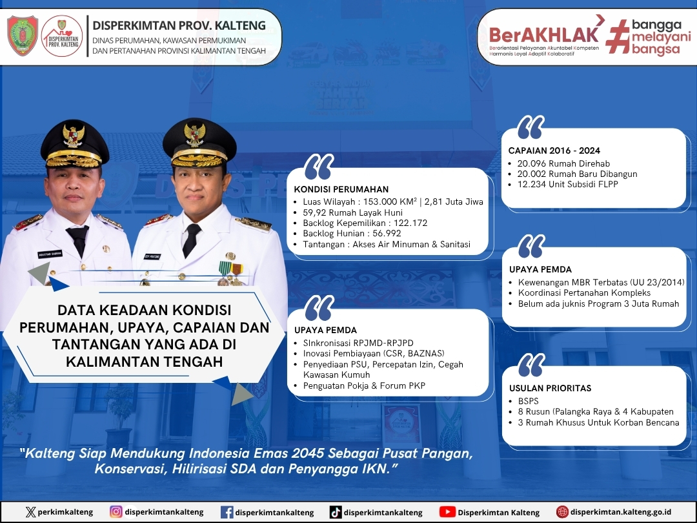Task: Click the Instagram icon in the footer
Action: pyautogui.click(x=116, y=512)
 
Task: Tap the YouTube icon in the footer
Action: pyautogui.click(x=447, y=512)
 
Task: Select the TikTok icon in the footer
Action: pyautogui.click(x=336, y=512)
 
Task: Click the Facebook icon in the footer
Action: pyautogui.click(x=227, y=512)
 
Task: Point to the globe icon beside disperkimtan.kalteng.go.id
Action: pyautogui.click(x=562, y=512)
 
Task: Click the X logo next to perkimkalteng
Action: pyautogui.click(x=31, y=512)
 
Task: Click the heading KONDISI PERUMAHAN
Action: pyautogui.click(x=341, y=189)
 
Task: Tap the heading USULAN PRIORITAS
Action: pyautogui.click(x=551, y=388)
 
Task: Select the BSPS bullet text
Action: pyautogui.click(x=528, y=401)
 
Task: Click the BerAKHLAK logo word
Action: pyautogui.click(x=544, y=35)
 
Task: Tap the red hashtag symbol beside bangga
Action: pyautogui.click(x=618, y=36)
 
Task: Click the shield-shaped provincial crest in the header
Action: pyautogui.click(x=23, y=36)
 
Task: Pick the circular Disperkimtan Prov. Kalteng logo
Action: pyautogui.click(x=62, y=36)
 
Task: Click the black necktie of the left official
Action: pyautogui.click(x=78, y=240)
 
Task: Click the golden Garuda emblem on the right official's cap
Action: pyautogui.click(x=195, y=134)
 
